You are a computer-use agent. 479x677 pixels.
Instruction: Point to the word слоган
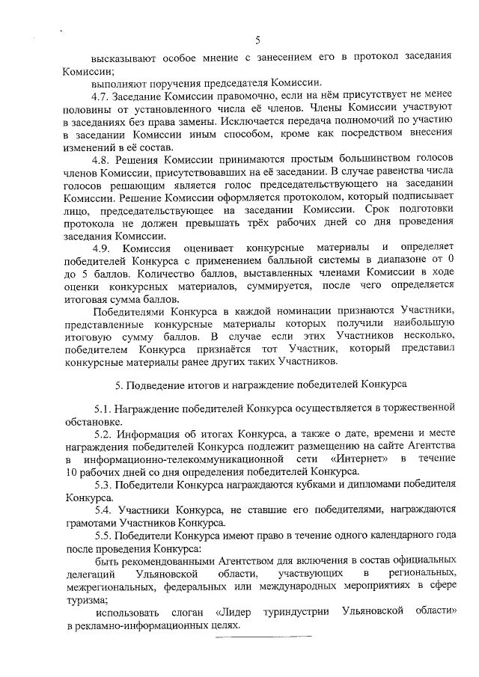pyautogui.click(x=187, y=611)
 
